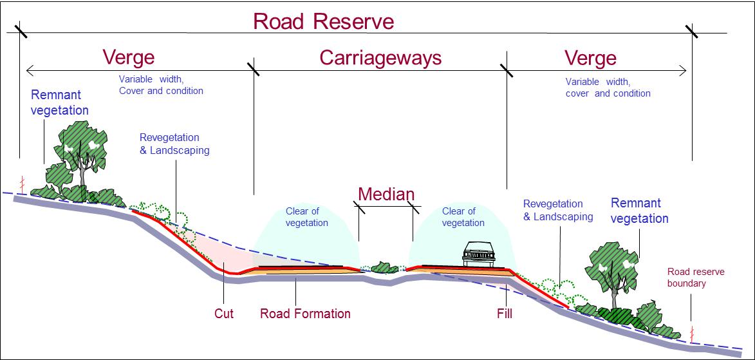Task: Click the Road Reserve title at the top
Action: pyautogui.click(x=323, y=21)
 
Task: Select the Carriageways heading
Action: pyautogui.click(x=380, y=58)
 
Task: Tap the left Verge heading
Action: pyautogui.click(x=129, y=57)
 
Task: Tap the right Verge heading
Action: pyautogui.click(x=590, y=59)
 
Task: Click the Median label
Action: pyautogui.click(x=386, y=194)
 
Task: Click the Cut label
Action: pyautogui.click(x=223, y=314)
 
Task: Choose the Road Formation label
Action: pyautogui.click(x=305, y=314)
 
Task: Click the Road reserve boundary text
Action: pyautogui.click(x=695, y=278)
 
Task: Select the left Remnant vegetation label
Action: pyautogui.click(x=59, y=103)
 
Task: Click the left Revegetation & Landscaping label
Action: pyautogui.click(x=174, y=144)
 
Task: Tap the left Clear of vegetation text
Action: pyautogui.click(x=307, y=217)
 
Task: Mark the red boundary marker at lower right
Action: pyautogui.click(x=693, y=333)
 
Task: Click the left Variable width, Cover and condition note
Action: pyautogui.click(x=160, y=85)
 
